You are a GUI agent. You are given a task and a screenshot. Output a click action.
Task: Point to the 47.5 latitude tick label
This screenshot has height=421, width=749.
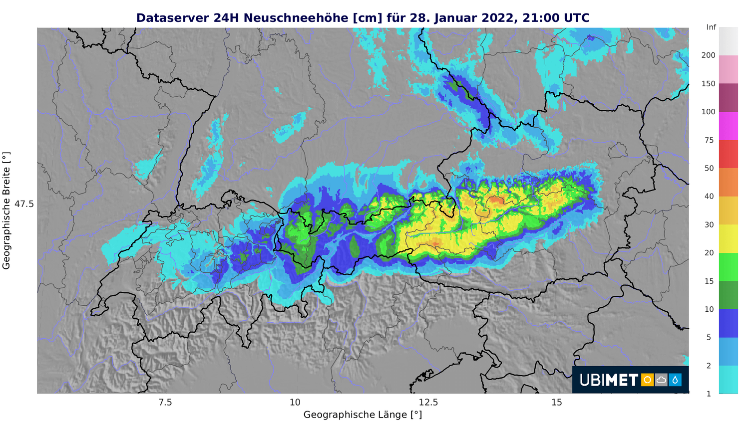(24, 204)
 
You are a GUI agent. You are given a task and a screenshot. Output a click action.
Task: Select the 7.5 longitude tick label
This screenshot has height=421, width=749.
(165, 403)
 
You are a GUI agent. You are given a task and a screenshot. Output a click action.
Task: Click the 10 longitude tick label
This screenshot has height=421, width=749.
(295, 403)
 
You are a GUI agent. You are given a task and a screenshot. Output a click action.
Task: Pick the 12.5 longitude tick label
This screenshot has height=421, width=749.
(428, 403)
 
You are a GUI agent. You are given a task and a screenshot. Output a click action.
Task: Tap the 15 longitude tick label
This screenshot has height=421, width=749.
(557, 403)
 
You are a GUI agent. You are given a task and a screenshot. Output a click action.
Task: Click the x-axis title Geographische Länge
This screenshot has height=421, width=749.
(363, 415)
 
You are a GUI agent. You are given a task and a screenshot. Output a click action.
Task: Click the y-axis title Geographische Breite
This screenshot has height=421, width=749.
(6, 210)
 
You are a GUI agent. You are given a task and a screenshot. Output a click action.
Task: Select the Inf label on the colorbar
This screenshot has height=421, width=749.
(711, 27)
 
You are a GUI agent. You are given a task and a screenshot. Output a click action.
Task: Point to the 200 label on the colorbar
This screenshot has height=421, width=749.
(708, 55)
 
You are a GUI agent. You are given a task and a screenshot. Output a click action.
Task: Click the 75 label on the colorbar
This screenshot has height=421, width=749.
(709, 140)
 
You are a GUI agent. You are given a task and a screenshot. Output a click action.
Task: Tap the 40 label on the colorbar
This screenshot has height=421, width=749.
(709, 197)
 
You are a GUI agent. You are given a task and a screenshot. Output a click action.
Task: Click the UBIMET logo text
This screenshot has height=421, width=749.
(609, 380)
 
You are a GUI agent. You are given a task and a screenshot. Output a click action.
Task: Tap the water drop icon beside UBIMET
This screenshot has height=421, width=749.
(675, 380)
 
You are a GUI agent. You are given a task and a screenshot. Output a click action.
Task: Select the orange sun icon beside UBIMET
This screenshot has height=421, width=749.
(647, 380)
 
